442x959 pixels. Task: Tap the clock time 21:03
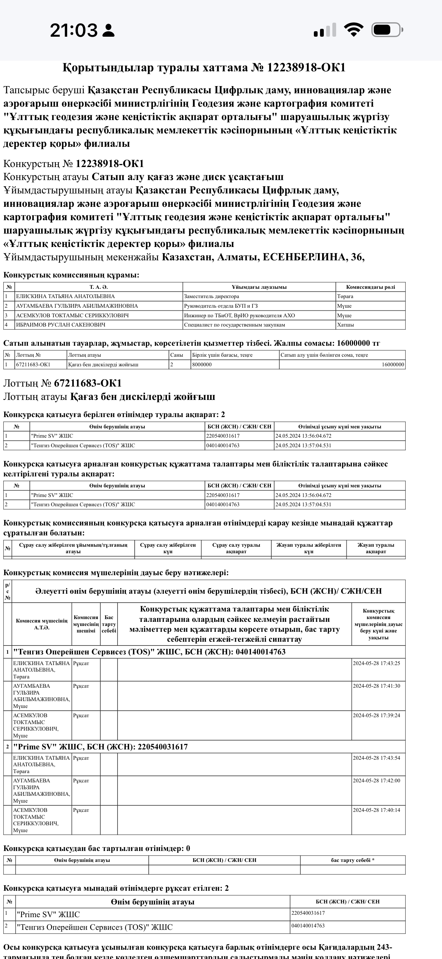click(x=74, y=30)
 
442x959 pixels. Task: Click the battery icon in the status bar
click(x=386, y=30)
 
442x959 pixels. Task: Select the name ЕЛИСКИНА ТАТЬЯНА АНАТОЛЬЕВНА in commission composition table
click(x=65, y=296)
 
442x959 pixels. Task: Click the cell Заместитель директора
click(x=211, y=296)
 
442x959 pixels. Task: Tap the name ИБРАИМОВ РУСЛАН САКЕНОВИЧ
click(x=60, y=324)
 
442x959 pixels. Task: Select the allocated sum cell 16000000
click(x=393, y=365)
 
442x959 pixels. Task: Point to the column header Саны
click(x=177, y=355)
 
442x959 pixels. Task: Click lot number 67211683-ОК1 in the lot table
click(x=33, y=365)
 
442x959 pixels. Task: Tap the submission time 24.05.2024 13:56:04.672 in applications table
click(x=303, y=436)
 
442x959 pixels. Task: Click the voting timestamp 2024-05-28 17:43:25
click(x=376, y=663)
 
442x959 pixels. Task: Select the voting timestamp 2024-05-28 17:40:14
click(x=376, y=810)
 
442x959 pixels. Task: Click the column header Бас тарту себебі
click(x=109, y=624)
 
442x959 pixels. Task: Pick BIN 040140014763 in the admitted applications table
click(x=308, y=925)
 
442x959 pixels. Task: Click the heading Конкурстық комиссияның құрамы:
click(x=71, y=275)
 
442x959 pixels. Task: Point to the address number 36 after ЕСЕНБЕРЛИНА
click(x=356, y=257)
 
